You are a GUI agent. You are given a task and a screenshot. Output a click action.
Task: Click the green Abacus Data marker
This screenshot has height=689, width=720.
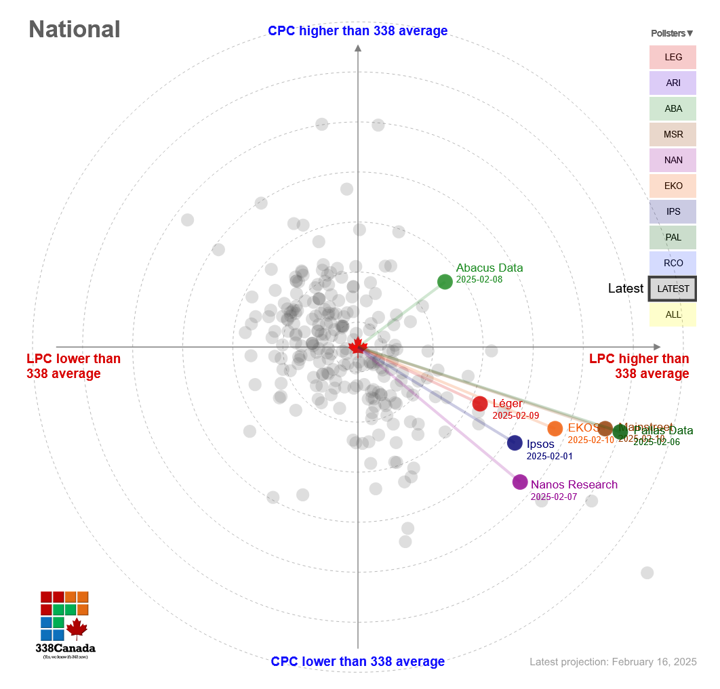click(x=445, y=282)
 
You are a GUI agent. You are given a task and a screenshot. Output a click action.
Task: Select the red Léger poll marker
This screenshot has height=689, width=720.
click(x=480, y=404)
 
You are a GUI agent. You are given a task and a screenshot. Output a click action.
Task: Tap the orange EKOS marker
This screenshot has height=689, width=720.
click(x=555, y=428)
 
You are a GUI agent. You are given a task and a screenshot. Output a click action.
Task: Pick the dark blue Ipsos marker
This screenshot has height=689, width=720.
click(x=515, y=443)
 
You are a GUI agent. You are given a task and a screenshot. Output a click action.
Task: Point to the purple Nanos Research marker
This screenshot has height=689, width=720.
click(x=520, y=482)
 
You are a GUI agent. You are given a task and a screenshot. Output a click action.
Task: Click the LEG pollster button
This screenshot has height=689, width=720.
click(x=673, y=58)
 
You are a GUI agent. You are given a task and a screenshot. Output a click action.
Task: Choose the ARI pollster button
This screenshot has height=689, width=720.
click(x=673, y=83)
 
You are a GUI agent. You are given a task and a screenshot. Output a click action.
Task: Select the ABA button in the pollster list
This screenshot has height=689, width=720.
click(x=673, y=109)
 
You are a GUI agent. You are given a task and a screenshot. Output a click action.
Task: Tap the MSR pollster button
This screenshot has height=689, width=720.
click(x=673, y=135)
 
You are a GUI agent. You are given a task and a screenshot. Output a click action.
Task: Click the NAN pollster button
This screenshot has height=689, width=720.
click(x=673, y=161)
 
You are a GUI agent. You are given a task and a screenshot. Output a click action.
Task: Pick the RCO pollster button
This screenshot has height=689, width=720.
click(x=673, y=263)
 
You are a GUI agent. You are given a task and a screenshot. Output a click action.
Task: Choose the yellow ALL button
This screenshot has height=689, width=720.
click(x=673, y=314)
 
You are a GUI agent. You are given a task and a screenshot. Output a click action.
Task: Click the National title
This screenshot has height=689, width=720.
click(x=75, y=29)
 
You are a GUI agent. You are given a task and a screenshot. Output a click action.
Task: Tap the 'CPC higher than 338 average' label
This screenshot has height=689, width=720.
click(x=357, y=31)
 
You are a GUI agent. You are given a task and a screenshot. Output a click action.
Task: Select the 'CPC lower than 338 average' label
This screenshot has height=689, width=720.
click(x=357, y=662)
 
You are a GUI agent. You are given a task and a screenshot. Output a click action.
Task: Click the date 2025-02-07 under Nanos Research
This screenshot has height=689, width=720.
click(x=553, y=497)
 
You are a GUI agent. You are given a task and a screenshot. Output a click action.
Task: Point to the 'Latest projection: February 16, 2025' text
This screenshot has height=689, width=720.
click(x=613, y=662)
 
